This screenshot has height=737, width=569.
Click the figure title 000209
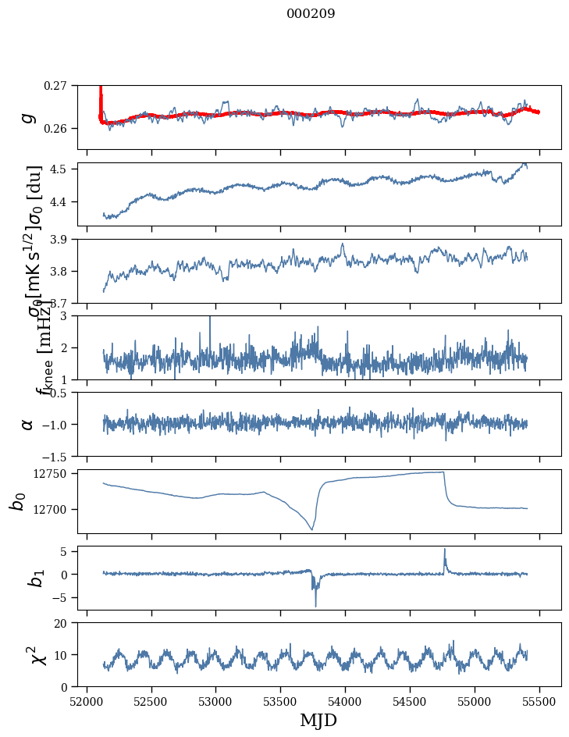311,14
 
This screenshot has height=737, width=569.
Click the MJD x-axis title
318,721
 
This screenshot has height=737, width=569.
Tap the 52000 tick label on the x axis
87,700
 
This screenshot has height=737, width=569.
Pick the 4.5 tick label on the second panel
64,169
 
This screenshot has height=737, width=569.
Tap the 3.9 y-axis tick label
64,239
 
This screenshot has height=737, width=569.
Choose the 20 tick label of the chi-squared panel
66,623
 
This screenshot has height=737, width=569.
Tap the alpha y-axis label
28,424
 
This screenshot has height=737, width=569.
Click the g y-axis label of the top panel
28,117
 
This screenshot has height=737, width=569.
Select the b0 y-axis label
18,501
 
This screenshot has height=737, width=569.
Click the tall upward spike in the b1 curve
445,550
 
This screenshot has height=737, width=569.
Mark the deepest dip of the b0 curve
312,529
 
